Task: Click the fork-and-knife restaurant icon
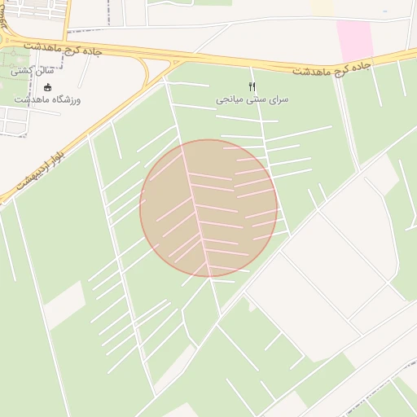coord(252,86)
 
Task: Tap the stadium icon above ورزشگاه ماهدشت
coord(47,87)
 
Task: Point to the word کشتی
coord(24,72)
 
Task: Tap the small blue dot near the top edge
coord(384,11)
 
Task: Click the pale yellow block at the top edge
coord(322,6)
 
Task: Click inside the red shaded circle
coord(208,208)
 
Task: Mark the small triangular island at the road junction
coord(173,62)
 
